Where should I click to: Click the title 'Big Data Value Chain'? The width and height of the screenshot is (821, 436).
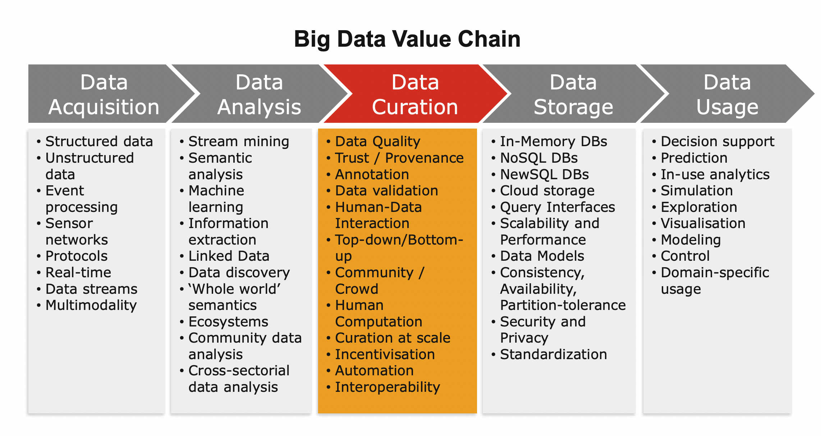(x=407, y=39)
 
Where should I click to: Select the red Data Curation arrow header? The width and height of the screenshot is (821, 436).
(x=415, y=94)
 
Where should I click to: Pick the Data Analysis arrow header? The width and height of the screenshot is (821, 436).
(x=259, y=94)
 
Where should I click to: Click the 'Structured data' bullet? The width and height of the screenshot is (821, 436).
(x=95, y=142)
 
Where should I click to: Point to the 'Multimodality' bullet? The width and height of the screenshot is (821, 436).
(x=87, y=305)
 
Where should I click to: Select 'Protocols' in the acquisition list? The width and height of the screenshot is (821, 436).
(x=72, y=256)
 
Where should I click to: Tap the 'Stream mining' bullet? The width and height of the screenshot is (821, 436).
(x=234, y=142)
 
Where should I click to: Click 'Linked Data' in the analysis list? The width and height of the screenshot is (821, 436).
(x=224, y=256)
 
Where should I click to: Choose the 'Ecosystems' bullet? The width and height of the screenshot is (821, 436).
(x=224, y=322)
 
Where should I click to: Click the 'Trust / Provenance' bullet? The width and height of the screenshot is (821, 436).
(x=395, y=158)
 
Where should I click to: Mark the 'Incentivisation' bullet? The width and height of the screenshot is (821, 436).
(x=380, y=354)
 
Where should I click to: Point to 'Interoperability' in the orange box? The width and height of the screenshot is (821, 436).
(x=383, y=387)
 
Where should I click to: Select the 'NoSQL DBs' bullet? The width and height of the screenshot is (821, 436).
(x=535, y=158)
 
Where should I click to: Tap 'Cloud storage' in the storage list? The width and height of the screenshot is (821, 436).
(x=543, y=191)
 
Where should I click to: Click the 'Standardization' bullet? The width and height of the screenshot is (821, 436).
(x=549, y=354)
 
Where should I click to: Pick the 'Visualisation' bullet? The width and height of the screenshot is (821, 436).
(x=699, y=223)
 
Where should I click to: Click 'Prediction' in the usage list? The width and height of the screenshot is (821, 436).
(x=690, y=158)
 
